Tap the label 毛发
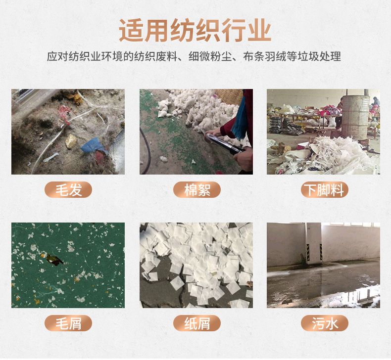[68, 190]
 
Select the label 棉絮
[196, 190]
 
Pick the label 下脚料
[324, 190]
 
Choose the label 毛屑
[68, 323]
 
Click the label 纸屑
[196, 323]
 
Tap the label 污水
[324, 323]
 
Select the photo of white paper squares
[196, 265]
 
